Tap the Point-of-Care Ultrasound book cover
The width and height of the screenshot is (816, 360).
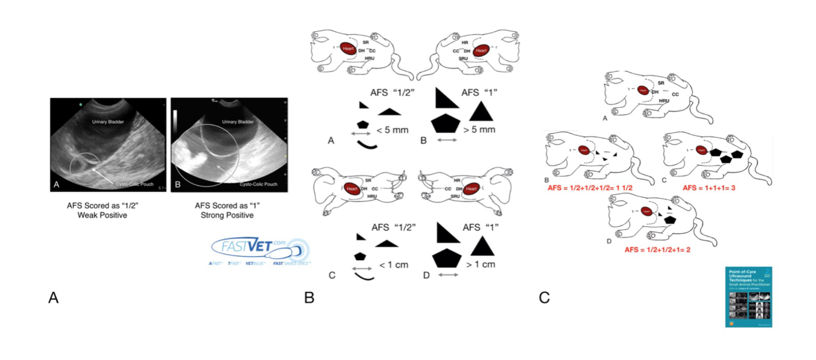(x=748, y=297)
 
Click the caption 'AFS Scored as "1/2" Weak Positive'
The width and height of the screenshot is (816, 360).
(x=102, y=210)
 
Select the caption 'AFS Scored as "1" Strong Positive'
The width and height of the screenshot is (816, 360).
(x=227, y=210)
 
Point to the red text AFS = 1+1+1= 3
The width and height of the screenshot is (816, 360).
(x=709, y=188)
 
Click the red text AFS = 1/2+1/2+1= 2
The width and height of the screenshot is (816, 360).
(x=657, y=250)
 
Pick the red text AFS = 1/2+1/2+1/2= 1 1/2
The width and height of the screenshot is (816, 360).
(x=590, y=188)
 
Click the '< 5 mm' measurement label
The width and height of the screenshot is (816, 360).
(x=392, y=130)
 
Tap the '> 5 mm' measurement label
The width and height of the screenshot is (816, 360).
(x=479, y=130)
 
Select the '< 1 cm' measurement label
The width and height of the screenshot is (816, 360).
(x=394, y=265)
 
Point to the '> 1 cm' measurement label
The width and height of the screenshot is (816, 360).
(x=481, y=265)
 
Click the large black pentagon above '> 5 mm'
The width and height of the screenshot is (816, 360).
(x=445, y=124)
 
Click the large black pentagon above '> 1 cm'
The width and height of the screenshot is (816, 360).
(x=447, y=258)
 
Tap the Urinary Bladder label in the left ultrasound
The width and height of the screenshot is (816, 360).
(x=108, y=122)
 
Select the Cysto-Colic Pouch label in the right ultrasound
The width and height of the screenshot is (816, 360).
(x=258, y=184)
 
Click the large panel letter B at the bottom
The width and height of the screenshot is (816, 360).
(x=309, y=298)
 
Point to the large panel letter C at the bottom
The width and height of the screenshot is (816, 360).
(x=544, y=298)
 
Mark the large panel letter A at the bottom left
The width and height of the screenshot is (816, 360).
(x=53, y=298)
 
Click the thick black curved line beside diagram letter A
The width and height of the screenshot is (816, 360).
(x=367, y=145)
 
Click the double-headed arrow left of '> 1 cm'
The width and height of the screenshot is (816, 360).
(x=448, y=275)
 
